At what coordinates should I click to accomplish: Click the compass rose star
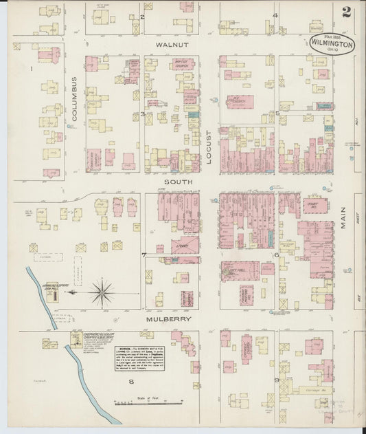[x=102, y=294]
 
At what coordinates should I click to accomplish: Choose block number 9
[x=277, y=380]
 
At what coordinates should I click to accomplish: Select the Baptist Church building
[x=183, y=66]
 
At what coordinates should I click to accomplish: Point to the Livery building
[x=184, y=245]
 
